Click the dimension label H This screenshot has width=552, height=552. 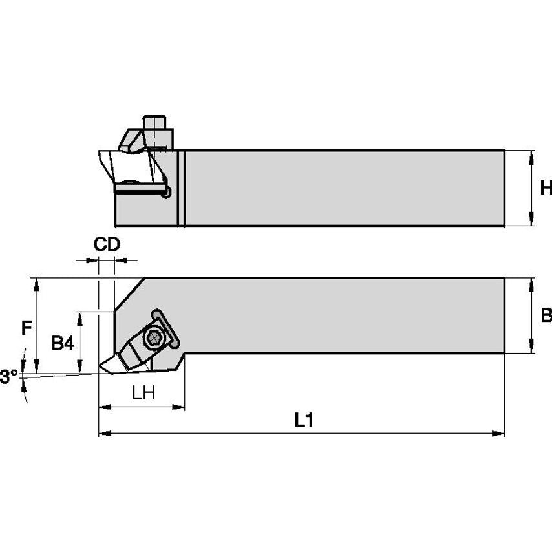tap(545, 188)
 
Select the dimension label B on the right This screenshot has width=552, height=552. tap(545, 315)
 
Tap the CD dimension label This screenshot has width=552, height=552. tap(107, 244)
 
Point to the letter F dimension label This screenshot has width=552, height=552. tap(27, 328)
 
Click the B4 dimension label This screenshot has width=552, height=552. tap(63, 343)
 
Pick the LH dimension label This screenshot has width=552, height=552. tap(143, 393)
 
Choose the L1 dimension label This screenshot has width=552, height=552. tap(303, 420)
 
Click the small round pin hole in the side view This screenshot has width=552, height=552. tap(167, 192)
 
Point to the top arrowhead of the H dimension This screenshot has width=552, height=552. tap(531, 154)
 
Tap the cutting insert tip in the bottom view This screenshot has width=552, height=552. tap(101, 370)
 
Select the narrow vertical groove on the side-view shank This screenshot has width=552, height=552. tap(182, 188)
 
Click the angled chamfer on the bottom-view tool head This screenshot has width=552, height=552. tap(129, 293)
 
